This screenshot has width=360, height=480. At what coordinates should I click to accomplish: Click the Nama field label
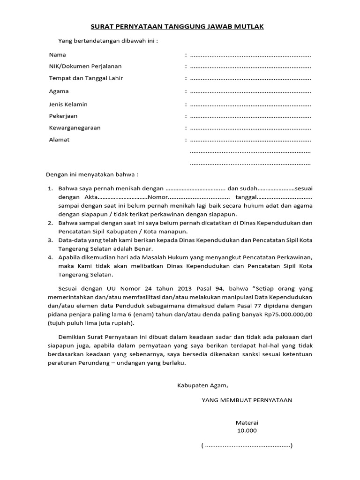[x=57, y=55]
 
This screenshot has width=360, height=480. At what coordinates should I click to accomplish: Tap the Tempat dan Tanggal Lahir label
[x=86, y=78]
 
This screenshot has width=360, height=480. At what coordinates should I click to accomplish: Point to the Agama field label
[x=59, y=91]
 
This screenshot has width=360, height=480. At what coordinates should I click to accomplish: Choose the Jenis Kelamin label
[x=68, y=104]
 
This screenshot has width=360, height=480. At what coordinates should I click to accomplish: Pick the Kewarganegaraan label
[x=75, y=127]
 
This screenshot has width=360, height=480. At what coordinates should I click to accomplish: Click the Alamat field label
[x=59, y=140]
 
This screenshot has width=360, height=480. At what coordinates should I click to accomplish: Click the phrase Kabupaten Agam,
[x=202, y=386]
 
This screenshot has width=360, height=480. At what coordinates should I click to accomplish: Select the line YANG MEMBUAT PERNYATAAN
[x=247, y=400]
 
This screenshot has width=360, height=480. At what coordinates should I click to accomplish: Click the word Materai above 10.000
[x=247, y=422]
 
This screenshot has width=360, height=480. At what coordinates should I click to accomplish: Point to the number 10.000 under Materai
[x=247, y=431]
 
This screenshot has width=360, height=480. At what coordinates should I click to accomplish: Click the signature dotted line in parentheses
[x=247, y=445]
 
